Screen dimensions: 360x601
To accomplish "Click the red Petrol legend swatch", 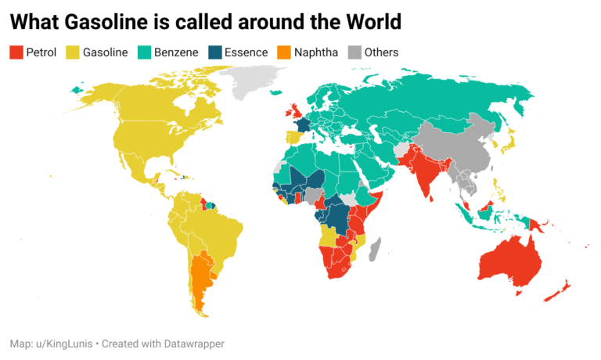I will point(16,52).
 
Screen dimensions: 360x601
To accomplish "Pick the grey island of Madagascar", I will point(375,250).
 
